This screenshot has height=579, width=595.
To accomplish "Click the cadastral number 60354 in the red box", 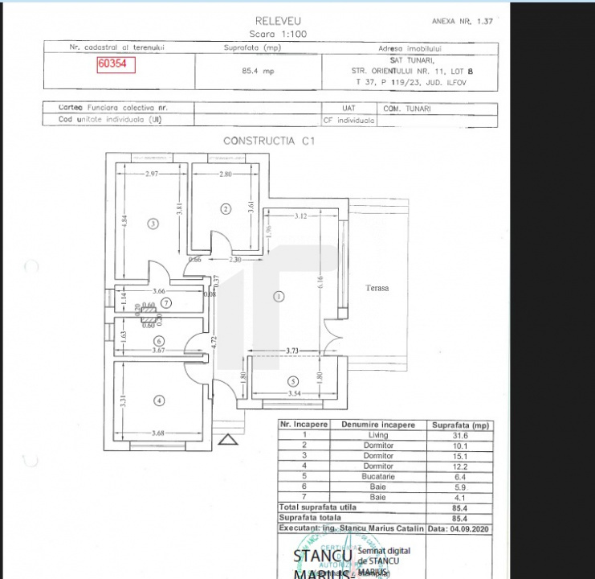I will coord(116,65).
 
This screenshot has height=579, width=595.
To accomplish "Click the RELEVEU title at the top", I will coord(278,21).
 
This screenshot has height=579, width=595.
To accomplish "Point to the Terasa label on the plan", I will coord(377,287).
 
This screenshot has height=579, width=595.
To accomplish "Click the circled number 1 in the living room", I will coord(279,296).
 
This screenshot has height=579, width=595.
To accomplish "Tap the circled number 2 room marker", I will coord(226,208).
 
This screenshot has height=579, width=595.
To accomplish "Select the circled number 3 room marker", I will coord(153,224).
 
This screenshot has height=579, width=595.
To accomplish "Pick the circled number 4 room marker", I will coord(160,400).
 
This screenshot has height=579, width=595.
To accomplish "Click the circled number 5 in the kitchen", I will coord(293,381).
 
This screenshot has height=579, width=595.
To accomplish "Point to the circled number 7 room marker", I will coord(166,303).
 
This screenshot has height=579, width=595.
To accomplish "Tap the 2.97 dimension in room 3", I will coord(154,175).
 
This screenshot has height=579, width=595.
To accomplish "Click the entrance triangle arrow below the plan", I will coord(228,439).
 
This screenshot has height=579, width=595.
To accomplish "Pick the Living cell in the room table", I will coord(377,435).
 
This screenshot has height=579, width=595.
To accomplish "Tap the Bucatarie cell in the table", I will coord(377,476).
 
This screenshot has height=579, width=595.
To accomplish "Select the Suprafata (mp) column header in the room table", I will coord(460,425).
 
